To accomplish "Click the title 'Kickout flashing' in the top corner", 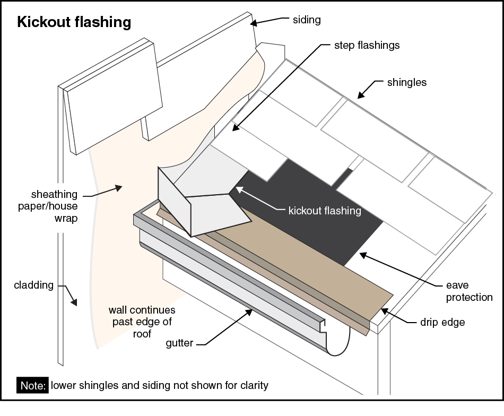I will (x=74, y=22).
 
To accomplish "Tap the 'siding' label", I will (x=307, y=20).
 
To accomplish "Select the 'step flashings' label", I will (x=367, y=45).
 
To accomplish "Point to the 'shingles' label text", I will (x=407, y=82).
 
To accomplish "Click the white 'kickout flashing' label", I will (x=324, y=211).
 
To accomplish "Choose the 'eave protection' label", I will (x=469, y=291).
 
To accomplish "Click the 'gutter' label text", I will (x=178, y=344).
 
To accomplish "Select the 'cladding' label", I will (x=34, y=285).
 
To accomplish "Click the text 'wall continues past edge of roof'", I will (x=141, y=322).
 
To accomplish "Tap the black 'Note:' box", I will (x=33, y=385).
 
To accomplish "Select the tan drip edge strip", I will (x=297, y=271).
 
